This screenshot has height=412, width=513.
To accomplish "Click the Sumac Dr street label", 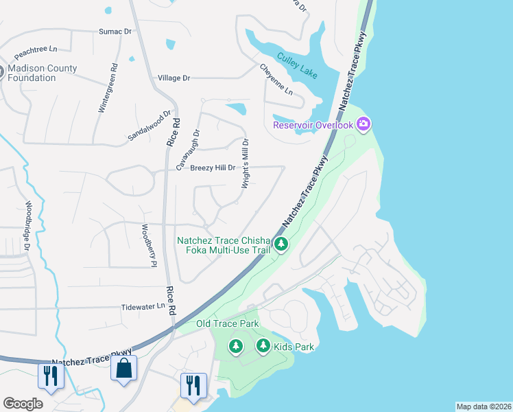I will coord(115,32).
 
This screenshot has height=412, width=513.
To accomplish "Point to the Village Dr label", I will coord(174,78).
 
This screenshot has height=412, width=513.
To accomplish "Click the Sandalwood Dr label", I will coord(149,126).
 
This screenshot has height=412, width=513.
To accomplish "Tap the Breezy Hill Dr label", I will coord(213,168).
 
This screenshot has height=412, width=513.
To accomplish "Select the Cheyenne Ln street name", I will coord(276,80).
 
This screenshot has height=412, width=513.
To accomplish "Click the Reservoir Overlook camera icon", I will coord(363,124).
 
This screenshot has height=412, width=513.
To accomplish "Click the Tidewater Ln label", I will coord(143,307).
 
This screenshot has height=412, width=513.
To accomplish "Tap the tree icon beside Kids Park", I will coord(263,346).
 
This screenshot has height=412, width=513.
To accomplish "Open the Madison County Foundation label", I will coord(43,73).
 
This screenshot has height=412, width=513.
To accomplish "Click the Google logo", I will coord(23,404).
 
